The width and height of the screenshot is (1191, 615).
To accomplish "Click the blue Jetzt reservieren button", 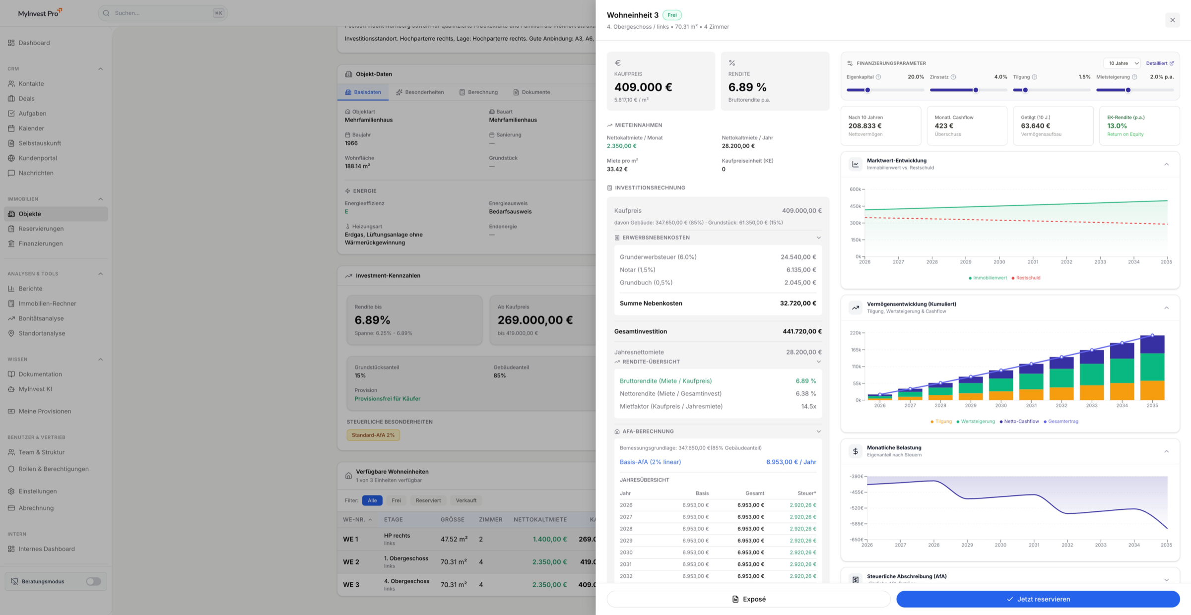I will tap(1038, 599).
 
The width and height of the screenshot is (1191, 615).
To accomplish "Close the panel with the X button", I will tap(1172, 20).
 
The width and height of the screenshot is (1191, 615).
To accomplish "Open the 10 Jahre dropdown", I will tap(1122, 63).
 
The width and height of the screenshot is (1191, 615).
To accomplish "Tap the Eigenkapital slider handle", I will tap(867, 90).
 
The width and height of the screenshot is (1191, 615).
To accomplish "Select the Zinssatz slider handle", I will tap(976, 90).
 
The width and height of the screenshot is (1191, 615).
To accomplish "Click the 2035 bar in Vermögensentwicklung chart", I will tap(1152, 368).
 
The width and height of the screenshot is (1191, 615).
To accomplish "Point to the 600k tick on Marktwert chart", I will tap(856, 189).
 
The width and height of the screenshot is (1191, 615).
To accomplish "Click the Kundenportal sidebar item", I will tap(38, 158).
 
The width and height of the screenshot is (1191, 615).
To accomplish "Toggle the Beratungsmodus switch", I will tap(93, 581).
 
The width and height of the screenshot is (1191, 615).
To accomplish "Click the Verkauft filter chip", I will tap(466, 500).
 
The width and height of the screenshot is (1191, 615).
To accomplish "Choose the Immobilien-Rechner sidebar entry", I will tap(47, 304).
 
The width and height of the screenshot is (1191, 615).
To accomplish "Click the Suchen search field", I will tap(163, 13).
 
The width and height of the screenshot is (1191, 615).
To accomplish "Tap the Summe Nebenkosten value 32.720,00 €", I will tap(798, 304).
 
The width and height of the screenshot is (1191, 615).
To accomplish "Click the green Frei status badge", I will tap(672, 15).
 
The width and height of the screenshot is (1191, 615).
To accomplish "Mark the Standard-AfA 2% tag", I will tap(373, 435).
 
